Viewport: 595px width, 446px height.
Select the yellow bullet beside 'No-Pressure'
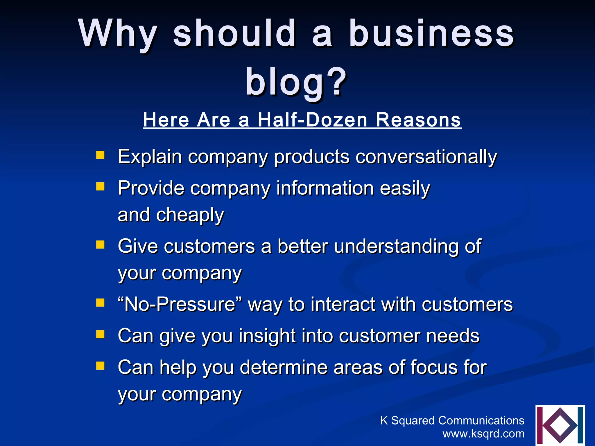pos(100,303)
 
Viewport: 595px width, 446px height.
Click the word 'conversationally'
pos(426,157)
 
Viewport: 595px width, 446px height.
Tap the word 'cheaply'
pos(190,215)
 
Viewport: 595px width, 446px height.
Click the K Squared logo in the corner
pos(560,425)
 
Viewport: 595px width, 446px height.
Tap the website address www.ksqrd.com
pos(483,434)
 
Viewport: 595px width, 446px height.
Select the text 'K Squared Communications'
pos(452,420)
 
